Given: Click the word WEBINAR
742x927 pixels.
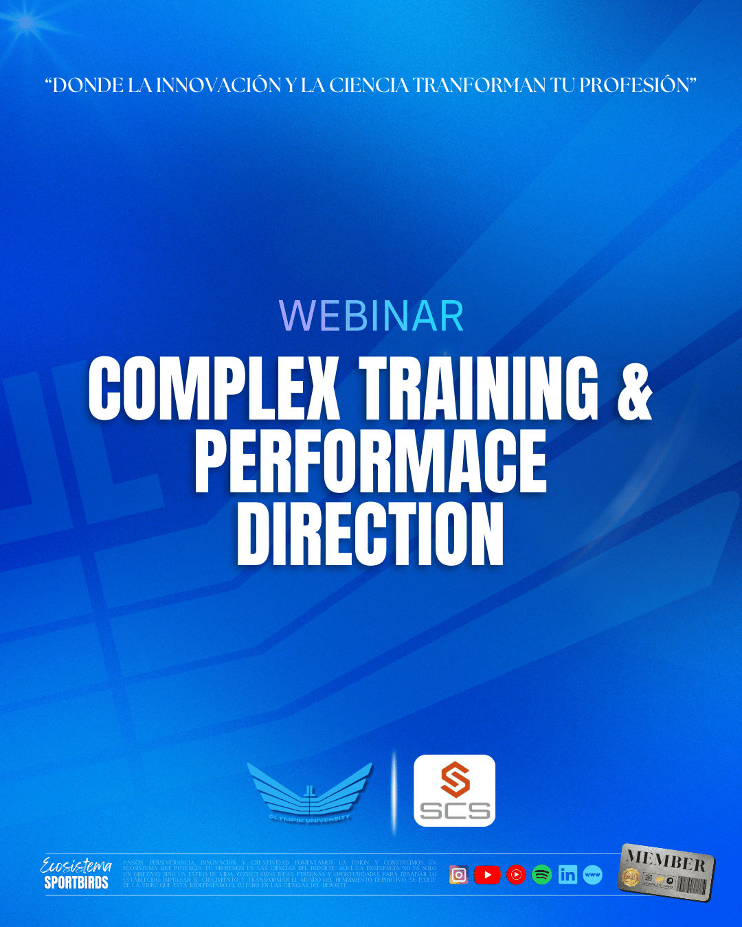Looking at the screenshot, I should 371,316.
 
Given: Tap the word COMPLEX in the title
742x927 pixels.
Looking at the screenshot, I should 214,388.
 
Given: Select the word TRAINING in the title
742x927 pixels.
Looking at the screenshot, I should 479,388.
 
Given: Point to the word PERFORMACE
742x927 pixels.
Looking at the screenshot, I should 370,461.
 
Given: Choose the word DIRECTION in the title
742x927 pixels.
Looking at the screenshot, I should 370,534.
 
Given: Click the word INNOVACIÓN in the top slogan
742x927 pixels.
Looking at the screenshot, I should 219,85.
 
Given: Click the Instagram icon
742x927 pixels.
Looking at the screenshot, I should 459,875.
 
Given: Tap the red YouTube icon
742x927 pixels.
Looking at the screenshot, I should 487,875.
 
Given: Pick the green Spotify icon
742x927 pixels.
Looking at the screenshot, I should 542,875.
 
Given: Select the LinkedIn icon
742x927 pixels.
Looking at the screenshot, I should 567,875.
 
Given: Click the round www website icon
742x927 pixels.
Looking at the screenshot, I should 592,875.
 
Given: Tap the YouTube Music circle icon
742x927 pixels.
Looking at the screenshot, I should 516,875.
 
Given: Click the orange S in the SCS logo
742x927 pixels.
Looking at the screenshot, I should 455,779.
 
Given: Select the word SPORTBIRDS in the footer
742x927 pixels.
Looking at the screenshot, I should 76,883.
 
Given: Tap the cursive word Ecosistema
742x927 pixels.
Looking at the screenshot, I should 76,867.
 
